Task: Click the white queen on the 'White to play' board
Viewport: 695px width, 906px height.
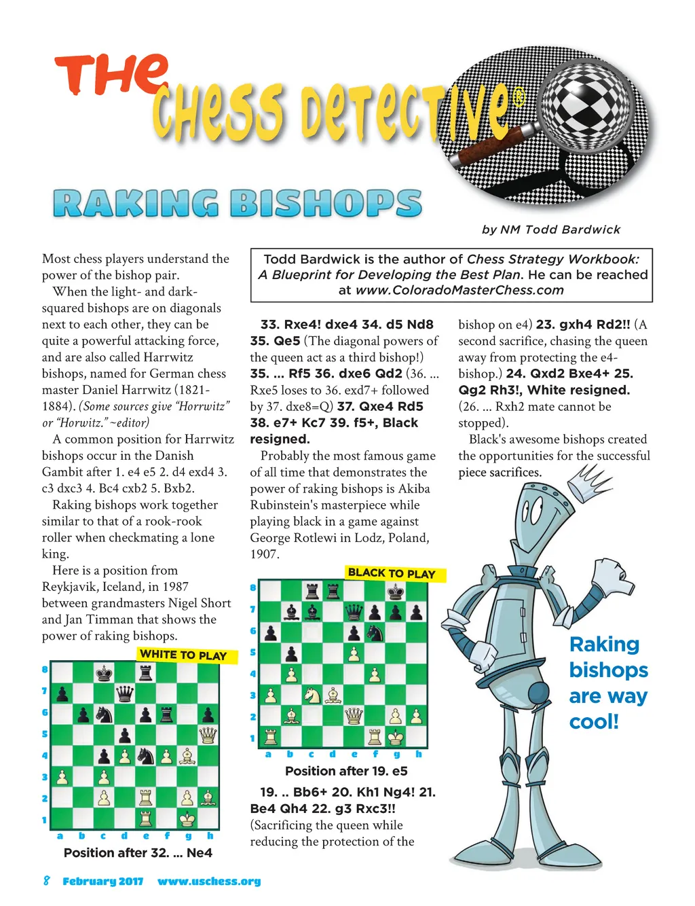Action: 208,735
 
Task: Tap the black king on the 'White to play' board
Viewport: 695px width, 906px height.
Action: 104,672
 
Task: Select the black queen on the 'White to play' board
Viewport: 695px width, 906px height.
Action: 125,693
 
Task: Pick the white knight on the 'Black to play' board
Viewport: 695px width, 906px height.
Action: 312,695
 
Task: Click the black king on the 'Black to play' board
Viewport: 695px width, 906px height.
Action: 396,591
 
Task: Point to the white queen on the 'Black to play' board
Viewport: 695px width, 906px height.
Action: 354,716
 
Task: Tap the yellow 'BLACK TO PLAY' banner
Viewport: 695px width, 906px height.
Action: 392,573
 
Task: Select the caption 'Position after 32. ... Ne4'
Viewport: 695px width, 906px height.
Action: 138,852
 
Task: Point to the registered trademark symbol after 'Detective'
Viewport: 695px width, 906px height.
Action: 518,98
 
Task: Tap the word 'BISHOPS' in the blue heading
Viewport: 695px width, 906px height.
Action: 326,204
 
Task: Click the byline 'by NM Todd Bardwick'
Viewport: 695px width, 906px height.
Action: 551,230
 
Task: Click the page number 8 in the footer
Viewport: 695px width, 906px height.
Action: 46,881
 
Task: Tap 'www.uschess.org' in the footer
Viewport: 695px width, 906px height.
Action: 209,882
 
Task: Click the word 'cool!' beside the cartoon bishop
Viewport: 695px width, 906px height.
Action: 594,721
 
